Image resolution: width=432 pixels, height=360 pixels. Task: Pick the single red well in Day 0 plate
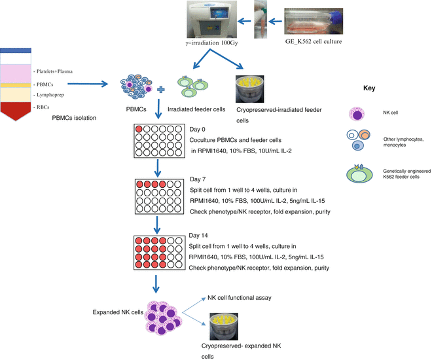[x=139, y=128]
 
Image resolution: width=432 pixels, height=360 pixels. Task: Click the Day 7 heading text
[x=199, y=179]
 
